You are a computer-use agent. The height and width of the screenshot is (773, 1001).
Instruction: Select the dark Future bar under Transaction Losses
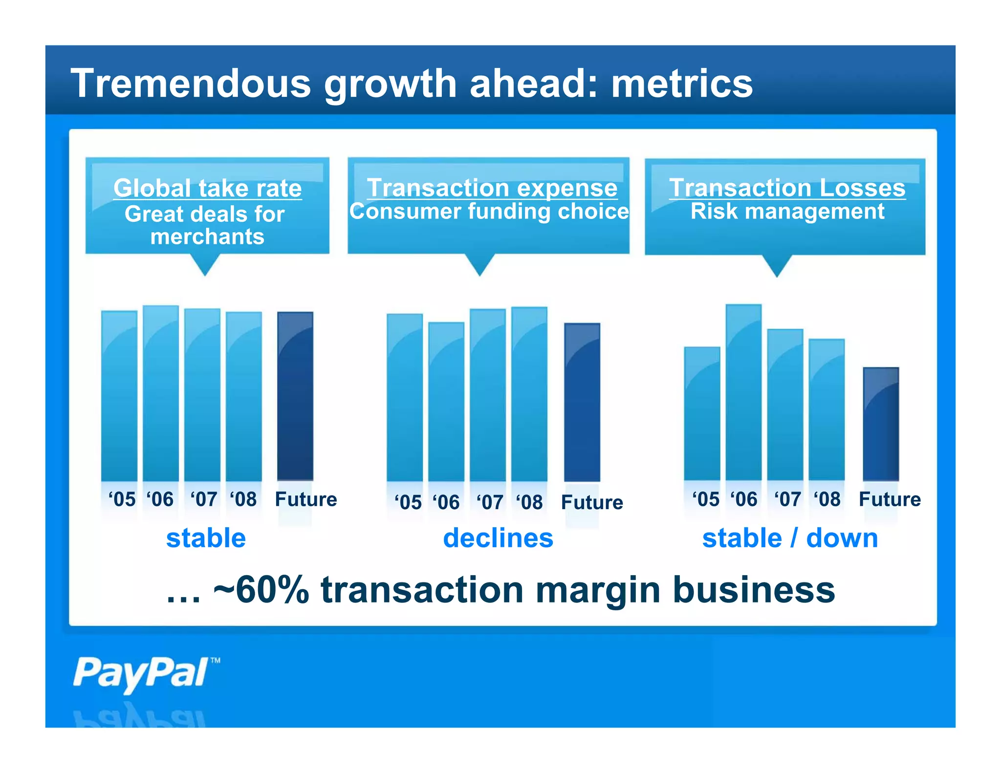(x=880, y=424)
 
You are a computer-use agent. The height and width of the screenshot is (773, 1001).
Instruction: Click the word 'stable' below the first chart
(x=206, y=538)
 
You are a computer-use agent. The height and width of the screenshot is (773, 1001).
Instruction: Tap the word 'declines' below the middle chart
(x=498, y=538)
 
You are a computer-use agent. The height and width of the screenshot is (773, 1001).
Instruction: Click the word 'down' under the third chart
(x=842, y=538)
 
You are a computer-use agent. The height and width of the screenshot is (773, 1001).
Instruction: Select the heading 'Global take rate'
(x=207, y=188)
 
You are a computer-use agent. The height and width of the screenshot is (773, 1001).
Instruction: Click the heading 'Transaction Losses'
(x=787, y=188)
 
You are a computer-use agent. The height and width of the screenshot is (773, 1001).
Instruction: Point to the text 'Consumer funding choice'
(x=489, y=212)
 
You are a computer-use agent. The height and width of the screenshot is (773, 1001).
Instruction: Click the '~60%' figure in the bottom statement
(x=261, y=590)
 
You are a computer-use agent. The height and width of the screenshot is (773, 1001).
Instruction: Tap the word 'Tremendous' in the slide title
(x=191, y=83)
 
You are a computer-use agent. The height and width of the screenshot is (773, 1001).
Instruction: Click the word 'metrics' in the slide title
(x=682, y=83)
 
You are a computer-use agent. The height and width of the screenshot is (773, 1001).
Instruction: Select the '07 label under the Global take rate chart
(x=203, y=499)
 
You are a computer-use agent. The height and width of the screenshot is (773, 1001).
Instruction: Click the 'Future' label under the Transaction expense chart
(x=591, y=502)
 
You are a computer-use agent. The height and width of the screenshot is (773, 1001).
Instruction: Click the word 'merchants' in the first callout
(x=207, y=237)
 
